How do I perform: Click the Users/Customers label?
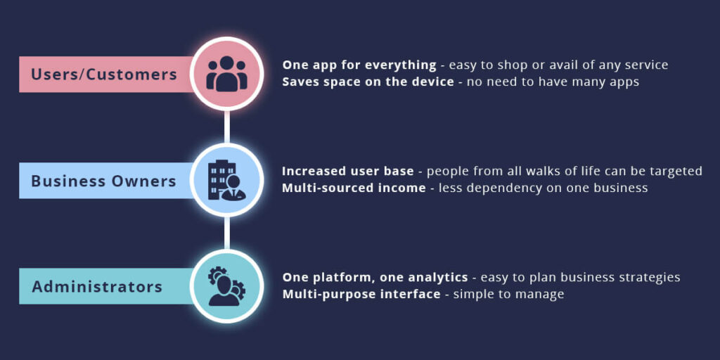pyautogui.click(x=104, y=74)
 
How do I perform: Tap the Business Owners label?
pyautogui.click(x=103, y=181)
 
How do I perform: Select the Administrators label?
pyautogui.click(x=97, y=287)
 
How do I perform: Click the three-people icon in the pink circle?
pyautogui.click(x=226, y=73)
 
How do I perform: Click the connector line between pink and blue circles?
pyautogui.click(x=226, y=127)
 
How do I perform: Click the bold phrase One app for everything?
pyautogui.click(x=359, y=65)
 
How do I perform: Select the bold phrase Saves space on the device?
pyautogui.click(x=368, y=82)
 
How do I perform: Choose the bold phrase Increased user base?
pyautogui.click(x=347, y=171)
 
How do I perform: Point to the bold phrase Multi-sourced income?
pyautogui.click(x=354, y=188)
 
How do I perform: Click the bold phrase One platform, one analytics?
pyautogui.click(x=375, y=277)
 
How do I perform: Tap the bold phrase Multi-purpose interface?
pyautogui.click(x=361, y=294)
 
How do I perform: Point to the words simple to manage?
pyautogui.click(x=508, y=294)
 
